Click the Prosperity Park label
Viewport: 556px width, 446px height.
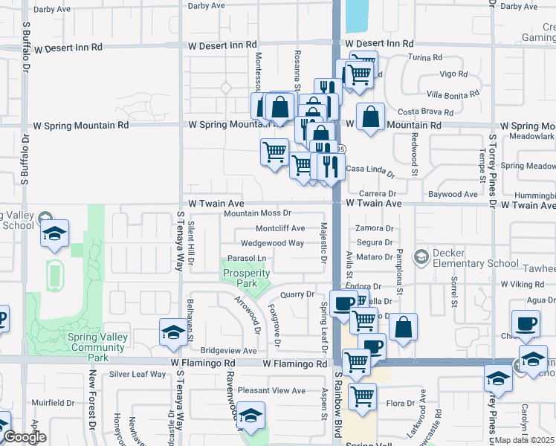[x=247, y=278]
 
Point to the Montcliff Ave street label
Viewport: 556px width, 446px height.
[x=280, y=228]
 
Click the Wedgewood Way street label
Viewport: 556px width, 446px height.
[x=272, y=243]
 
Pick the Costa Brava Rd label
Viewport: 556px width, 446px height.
[x=426, y=112]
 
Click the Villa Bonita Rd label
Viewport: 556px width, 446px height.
[x=453, y=95]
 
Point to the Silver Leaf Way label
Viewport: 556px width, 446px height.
[x=138, y=374]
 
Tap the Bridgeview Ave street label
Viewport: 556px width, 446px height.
[x=228, y=350]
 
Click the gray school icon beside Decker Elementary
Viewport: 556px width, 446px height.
[x=421, y=256]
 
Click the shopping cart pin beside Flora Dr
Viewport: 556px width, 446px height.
[x=362, y=396]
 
